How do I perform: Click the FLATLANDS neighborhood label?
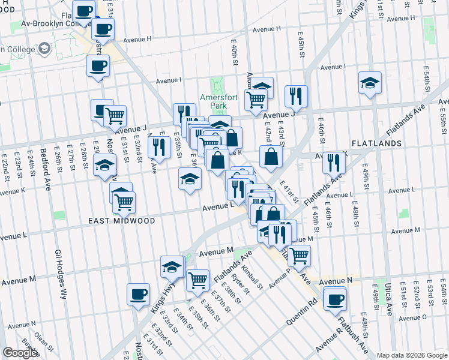click(376, 144)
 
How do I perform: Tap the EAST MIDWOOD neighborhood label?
click(122, 221)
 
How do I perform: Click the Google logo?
click(19, 353)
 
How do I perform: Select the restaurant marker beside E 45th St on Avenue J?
click(296, 97)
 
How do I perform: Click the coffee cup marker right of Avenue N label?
click(335, 298)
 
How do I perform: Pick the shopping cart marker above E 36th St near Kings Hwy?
click(197, 279)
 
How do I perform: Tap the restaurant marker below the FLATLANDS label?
click(333, 162)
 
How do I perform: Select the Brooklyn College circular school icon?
click(44, 48)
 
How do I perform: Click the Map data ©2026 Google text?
click(412, 355)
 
